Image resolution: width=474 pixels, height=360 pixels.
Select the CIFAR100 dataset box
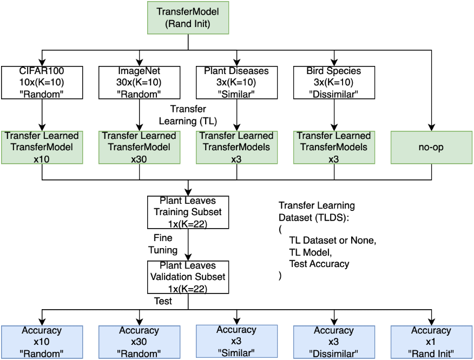coord(42,83)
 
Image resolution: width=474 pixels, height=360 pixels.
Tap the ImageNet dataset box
coord(139,83)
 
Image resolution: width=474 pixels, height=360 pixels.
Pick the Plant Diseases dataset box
coord(236,83)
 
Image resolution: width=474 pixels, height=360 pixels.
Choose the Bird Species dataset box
coord(333,83)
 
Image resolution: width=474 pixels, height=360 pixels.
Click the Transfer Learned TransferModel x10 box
coord(42,147)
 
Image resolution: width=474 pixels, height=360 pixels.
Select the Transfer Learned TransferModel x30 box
coord(139,147)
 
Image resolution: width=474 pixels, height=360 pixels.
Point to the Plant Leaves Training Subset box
coord(188,212)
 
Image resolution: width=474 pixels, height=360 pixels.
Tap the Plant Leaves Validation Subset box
coord(188,277)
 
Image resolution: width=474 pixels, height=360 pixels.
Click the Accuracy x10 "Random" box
coord(42,342)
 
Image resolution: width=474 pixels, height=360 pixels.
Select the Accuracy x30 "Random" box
coord(139,342)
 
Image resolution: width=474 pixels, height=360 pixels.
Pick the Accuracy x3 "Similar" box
coord(236,341)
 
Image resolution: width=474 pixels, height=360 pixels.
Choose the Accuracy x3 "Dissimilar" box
coord(333,342)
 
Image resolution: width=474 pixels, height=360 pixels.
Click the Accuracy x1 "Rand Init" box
coord(431,342)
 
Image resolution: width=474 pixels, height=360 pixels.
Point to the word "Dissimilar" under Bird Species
coord(333,94)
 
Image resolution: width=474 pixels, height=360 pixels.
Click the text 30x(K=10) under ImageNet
coord(139,83)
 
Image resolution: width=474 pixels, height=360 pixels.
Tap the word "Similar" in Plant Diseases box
coord(236,94)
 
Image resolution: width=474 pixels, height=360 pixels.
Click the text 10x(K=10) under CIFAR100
coord(42,83)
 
